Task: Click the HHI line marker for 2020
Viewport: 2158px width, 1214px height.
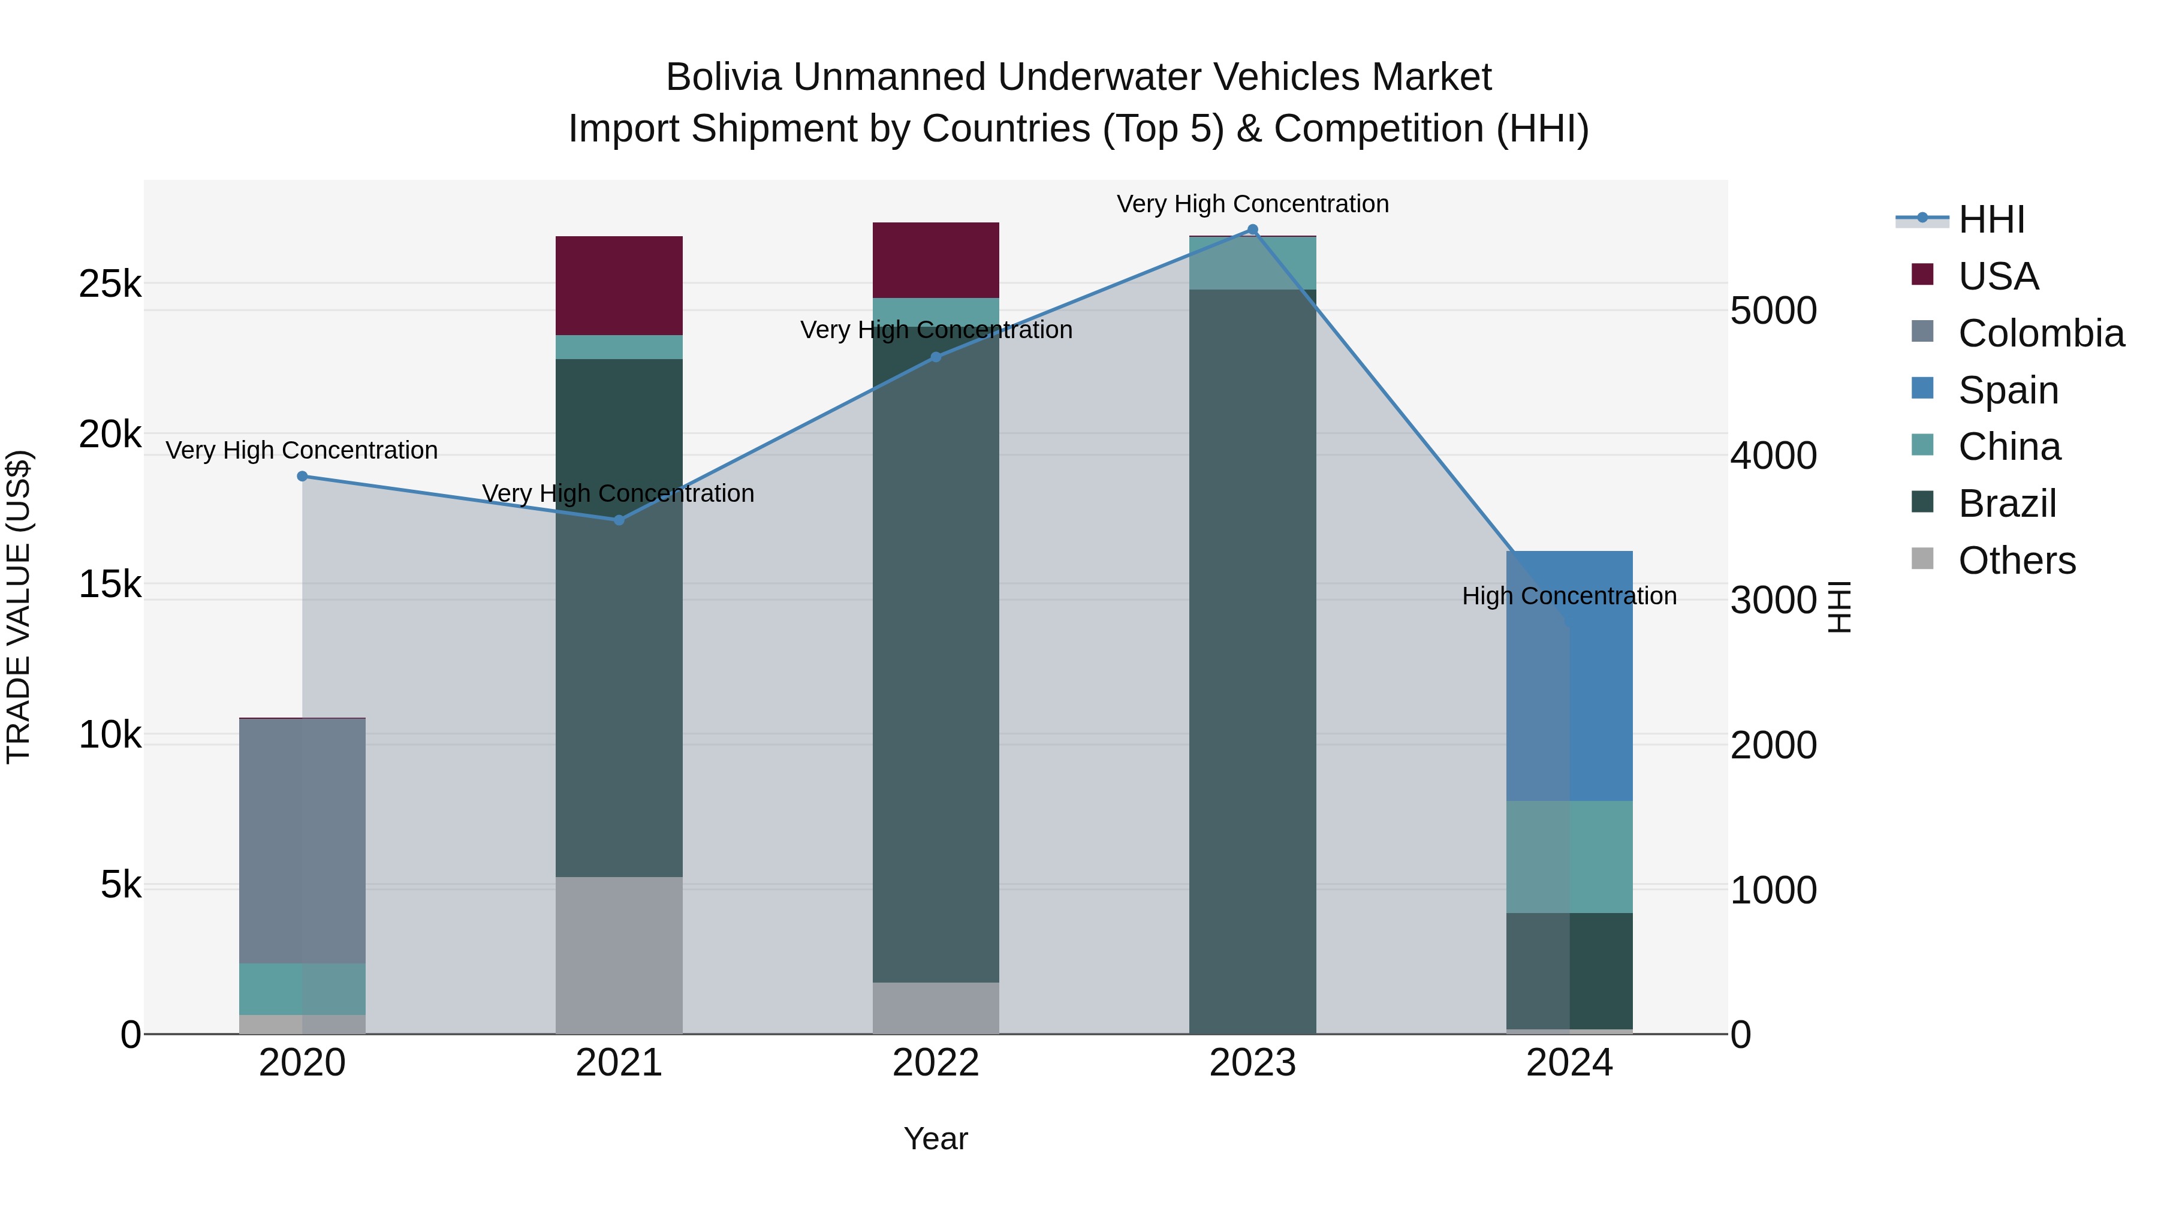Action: [303, 476]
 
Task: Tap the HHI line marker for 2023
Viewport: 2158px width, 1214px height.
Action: [1252, 230]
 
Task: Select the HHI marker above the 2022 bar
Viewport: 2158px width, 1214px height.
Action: [936, 357]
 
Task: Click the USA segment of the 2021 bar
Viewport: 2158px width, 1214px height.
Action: [619, 286]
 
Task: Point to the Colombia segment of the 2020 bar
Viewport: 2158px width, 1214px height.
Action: [303, 841]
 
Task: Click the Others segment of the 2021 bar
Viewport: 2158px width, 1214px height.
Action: [619, 955]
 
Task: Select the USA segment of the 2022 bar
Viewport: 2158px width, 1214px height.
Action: [936, 260]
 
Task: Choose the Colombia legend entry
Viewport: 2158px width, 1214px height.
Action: [2041, 333]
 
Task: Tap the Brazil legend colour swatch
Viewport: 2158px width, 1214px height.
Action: [1922, 503]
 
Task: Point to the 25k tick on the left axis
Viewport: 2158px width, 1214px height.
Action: [110, 284]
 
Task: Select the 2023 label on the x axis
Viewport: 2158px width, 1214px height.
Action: [1252, 1063]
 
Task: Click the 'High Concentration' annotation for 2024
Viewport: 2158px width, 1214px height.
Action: [1569, 596]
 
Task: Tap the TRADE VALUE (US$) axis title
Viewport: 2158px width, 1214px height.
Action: [19, 607]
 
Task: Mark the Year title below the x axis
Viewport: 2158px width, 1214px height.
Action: [936, 1138]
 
